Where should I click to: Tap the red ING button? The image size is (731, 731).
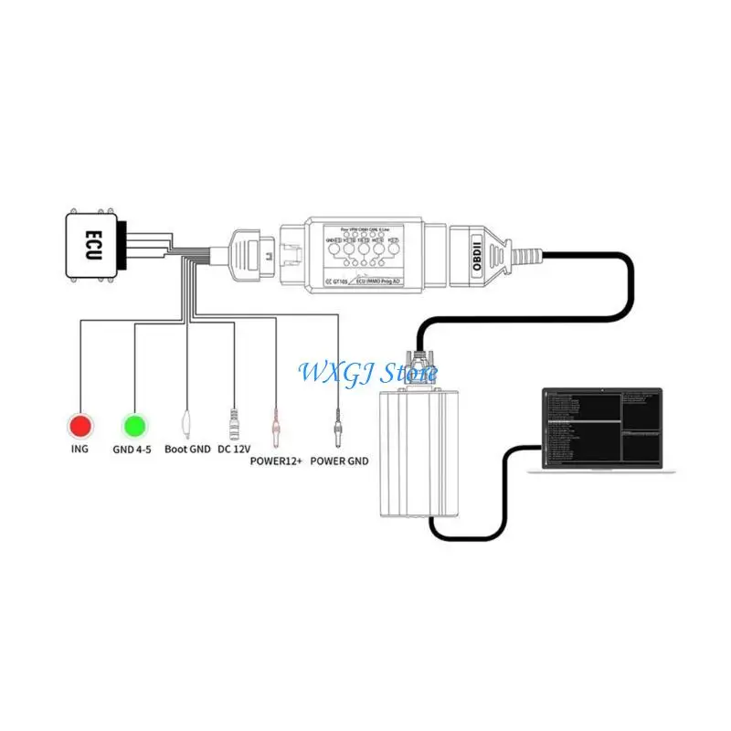(80, 425)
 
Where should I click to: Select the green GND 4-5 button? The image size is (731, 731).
(135, 425)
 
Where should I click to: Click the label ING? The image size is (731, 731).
(80, 450)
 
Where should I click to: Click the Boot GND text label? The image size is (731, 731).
(187, 450)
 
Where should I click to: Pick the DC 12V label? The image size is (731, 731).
(234, 450)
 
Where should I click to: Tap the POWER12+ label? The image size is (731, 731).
(275, 461)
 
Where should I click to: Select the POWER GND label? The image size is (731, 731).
(340, 461)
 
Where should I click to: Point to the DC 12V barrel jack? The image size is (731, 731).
(235, 422)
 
